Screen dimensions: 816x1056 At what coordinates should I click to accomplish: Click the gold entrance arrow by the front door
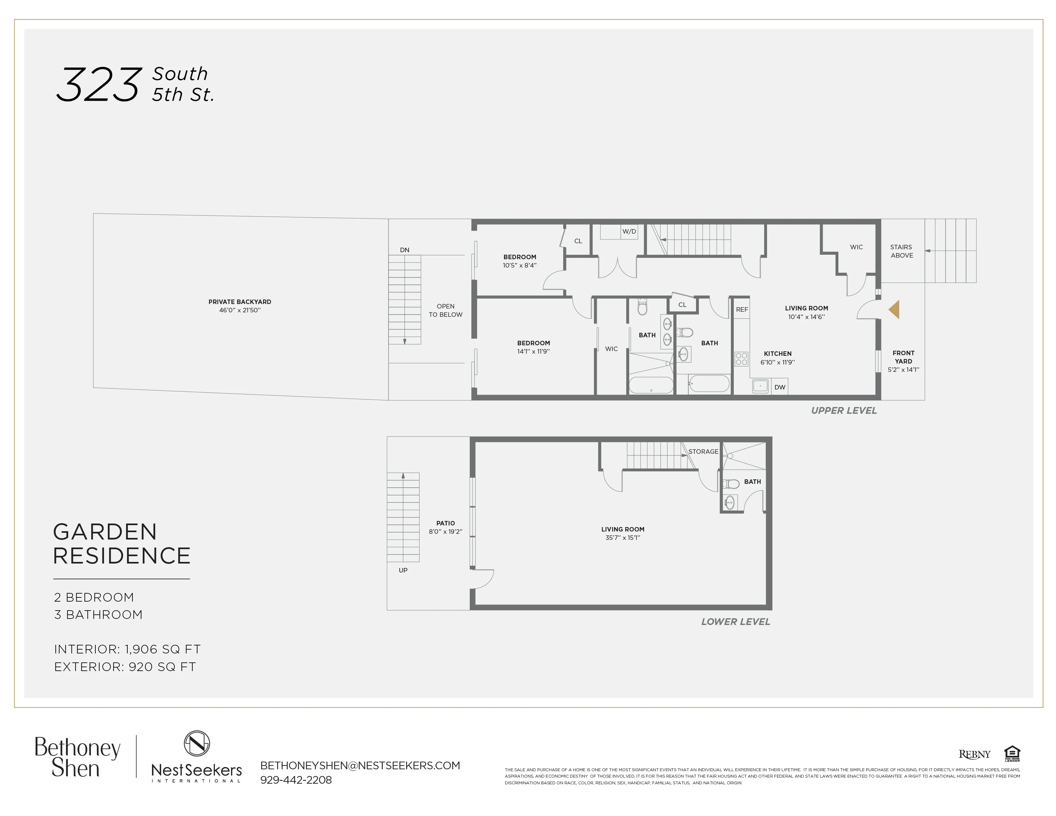pos(894,309)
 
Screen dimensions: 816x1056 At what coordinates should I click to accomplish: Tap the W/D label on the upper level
pos(629,232)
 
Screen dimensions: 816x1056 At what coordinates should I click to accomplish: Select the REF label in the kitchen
pos(742,309)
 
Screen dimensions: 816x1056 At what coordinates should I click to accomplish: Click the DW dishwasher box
pos(780,387)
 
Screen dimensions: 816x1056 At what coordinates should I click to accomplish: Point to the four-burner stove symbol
pos(741,359)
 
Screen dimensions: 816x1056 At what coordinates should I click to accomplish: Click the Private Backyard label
pos(240,302)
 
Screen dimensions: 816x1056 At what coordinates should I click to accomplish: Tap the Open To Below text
pos(445,310)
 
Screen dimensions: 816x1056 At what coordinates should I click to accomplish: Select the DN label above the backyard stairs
pos(405,250)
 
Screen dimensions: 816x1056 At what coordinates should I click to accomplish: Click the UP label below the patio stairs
pos(403,571)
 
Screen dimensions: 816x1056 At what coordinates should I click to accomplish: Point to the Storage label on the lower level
pos(703,452)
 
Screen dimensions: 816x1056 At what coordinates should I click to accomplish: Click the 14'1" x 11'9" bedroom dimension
pos(533,351)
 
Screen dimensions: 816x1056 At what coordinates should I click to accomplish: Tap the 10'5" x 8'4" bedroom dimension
pos(519,265)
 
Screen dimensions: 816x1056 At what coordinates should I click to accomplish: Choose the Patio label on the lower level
pos(445,523)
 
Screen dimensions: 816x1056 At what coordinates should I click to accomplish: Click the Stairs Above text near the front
pos(902,251)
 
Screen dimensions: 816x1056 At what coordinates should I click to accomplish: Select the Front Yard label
pos(903,357)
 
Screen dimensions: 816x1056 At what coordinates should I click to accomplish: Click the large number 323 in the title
pos(99,85)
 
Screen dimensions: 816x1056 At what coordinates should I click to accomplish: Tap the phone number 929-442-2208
pos(296,780)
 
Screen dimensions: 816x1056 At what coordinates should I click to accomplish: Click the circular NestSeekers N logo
pos(197,743)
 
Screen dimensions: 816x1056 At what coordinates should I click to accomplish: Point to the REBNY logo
pos(974,755)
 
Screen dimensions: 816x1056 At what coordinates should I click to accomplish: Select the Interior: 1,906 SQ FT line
pos(127,649)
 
